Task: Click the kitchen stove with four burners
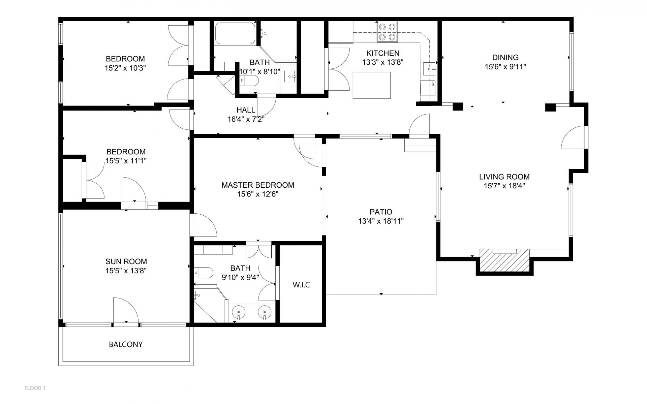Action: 387,32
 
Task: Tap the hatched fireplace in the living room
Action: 504,260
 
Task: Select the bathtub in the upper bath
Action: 235,33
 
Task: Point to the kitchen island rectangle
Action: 372,85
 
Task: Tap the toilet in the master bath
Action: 204,272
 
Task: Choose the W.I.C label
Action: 301,285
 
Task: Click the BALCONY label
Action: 126,344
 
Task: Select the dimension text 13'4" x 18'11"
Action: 381,221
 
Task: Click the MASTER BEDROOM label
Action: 258,185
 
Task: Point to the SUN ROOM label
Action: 126,261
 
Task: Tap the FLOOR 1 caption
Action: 35,388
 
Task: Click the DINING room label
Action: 505,58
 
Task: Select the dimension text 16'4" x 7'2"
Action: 246,119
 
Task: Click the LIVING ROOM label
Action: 504,177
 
